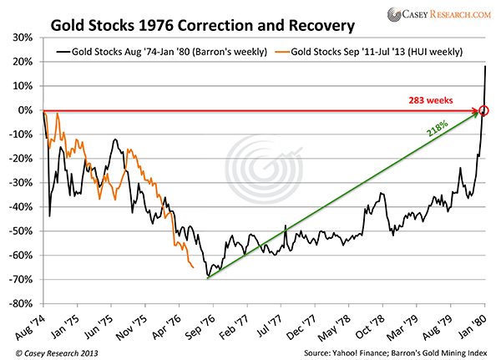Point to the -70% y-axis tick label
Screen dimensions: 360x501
click(x=23, y=279)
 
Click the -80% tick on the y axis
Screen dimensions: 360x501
click(x=23, y=303)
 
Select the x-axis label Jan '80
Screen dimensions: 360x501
click(x=482, y=322)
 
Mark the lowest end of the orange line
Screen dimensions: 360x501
click(x=194, y=267)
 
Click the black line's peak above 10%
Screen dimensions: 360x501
click(x=486, y=66)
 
